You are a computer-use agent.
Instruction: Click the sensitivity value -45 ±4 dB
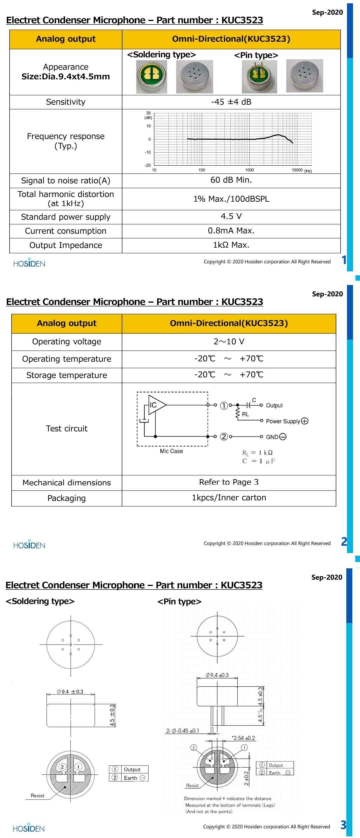[x=231, y=102]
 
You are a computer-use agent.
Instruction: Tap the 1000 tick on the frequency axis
[x=249, y=170]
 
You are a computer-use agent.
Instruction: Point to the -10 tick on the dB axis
[x=147, y=152]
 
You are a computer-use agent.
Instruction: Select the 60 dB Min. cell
[x=231, y=180]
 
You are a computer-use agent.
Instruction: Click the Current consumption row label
[x=66, y=231]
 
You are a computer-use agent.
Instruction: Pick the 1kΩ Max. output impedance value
[x=231, y=245]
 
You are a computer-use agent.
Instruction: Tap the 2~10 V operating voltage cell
[x=229, y=342]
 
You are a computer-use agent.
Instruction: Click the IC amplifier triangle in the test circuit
[x=156, y=405]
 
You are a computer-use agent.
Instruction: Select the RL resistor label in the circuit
[x=245, y=414]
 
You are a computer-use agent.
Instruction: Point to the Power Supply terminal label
[x=283, y=421]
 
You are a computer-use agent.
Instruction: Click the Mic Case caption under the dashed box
[x=171, y=451]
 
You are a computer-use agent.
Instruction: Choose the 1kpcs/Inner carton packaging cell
[x=229, y=498]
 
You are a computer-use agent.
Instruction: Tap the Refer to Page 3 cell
[x=229, y=482]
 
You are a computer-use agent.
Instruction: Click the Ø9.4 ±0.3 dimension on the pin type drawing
[x=217, y=675]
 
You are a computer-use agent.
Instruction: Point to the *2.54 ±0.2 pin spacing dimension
[x=244, y=738]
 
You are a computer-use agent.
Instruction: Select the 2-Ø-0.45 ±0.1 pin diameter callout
[x=183, y=731]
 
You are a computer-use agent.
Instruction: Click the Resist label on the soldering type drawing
[x=37, y=796]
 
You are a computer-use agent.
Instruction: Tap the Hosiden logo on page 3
[x=29, y=828]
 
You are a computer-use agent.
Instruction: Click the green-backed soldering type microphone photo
[x=151, y=77]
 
